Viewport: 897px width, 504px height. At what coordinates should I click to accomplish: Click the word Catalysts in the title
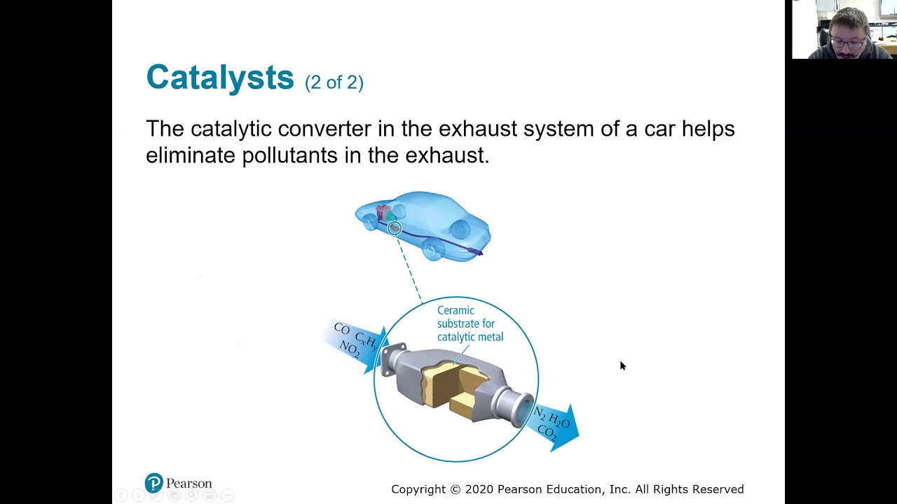pyautogui.click(x=219, y=77)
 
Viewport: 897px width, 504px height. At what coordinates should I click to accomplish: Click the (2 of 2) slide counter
pyautogui.click(x=334, y=82)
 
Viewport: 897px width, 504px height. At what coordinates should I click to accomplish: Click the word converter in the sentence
pyautogui.click(x=324, y=129)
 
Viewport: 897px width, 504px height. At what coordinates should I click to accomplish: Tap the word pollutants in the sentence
pyautogui.click(x=289, y=155)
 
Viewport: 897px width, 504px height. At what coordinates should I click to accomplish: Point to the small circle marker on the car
pyautogui.click(x=395, y=228)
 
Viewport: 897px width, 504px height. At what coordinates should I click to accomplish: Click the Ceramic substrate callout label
pyautogui.click(x=470, y=323)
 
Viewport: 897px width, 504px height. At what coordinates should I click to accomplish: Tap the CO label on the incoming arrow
pyautogui.click(x=342, y=329)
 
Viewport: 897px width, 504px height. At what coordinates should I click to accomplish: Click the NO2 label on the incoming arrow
pyautogui.click(x=349, y=348)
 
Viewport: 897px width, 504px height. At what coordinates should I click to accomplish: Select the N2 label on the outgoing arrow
pyautogui.click(x=540, y=413)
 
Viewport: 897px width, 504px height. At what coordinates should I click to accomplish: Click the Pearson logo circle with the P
pyautogui.click(x=153, y=483)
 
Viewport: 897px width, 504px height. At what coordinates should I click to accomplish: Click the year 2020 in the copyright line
pyautogui.click(x=479, y=489)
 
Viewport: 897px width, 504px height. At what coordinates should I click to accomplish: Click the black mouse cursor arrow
pyautogui.click(x=622, y=365)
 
